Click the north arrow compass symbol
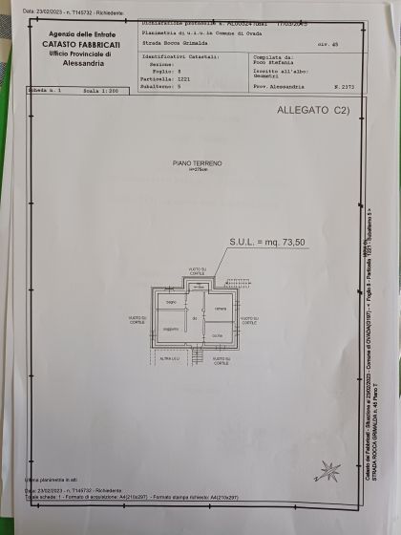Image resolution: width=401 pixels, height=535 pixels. (329, 470)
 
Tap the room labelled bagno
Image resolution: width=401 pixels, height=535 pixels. (171, 303)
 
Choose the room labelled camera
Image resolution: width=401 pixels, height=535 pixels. (219, 307)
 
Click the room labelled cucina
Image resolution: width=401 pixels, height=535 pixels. (218, 335)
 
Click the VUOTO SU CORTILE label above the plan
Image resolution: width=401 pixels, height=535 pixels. (196, 271)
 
